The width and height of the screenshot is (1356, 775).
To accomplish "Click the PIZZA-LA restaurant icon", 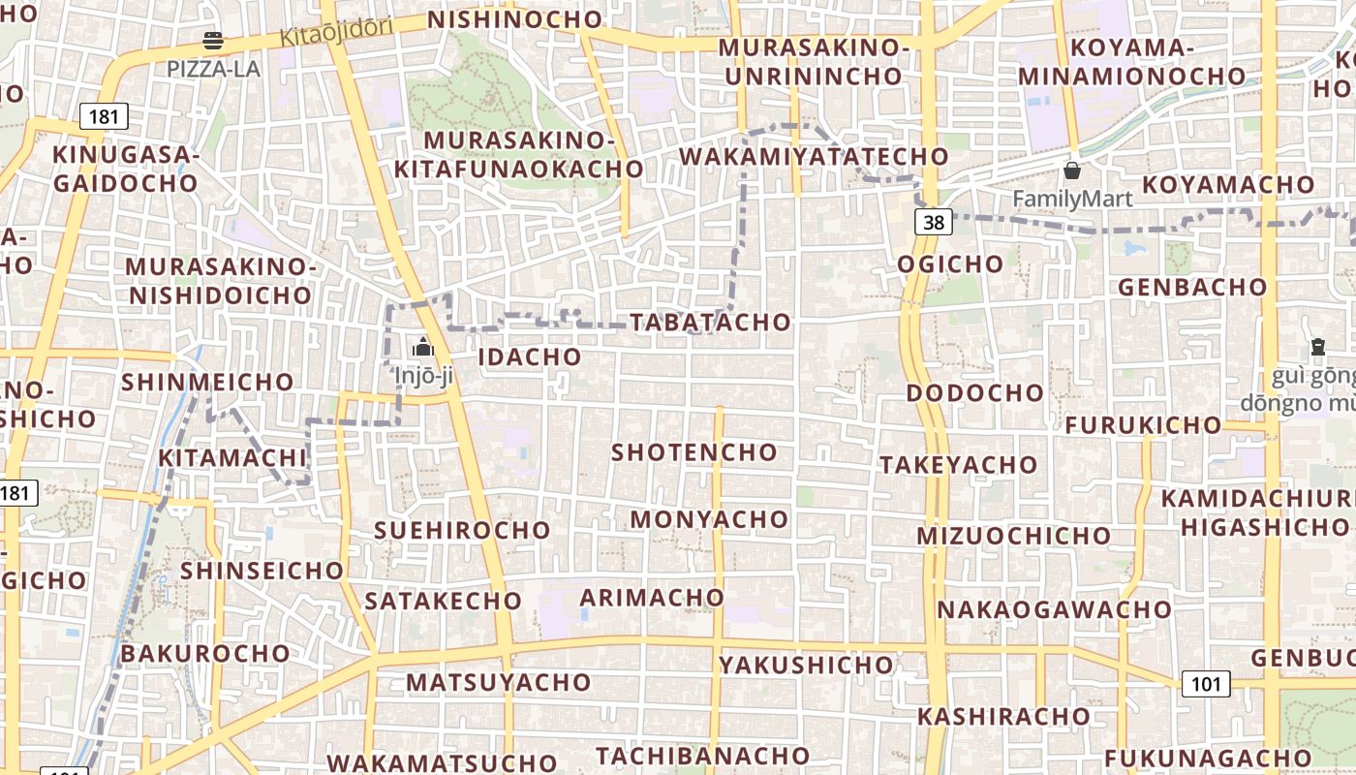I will [213, 41].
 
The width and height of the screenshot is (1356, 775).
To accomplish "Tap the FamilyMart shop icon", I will [1072, 171].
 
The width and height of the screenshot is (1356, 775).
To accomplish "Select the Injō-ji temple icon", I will [422, 347].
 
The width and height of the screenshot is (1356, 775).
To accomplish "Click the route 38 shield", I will [933, 223].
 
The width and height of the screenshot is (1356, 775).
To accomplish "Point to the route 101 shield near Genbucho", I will [1206, 685].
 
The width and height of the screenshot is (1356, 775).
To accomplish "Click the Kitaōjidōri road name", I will [336, 32].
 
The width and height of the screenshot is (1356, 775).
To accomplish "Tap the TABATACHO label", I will [710, 323].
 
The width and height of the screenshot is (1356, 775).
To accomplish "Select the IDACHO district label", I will [530, 356].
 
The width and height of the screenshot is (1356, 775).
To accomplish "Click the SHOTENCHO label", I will [693, 452].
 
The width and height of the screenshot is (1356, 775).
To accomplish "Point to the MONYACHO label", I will [709, 519].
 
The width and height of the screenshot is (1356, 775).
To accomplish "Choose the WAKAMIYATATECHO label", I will [814, 157].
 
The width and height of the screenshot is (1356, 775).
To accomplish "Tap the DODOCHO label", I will [974, 393].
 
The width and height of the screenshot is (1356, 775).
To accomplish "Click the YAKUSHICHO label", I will [806, 665].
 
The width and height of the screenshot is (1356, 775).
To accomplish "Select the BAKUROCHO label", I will [205, 653].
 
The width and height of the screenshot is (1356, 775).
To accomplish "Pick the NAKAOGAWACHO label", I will [1054, 609].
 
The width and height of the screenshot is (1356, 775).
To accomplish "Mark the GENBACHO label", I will [1192, 287].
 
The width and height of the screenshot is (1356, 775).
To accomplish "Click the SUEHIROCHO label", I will [462, 530].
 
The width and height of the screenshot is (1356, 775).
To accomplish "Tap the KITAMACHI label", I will [231, 457].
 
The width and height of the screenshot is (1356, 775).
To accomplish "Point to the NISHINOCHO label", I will [515, 19].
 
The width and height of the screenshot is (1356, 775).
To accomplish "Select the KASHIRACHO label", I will [1003, 717].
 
